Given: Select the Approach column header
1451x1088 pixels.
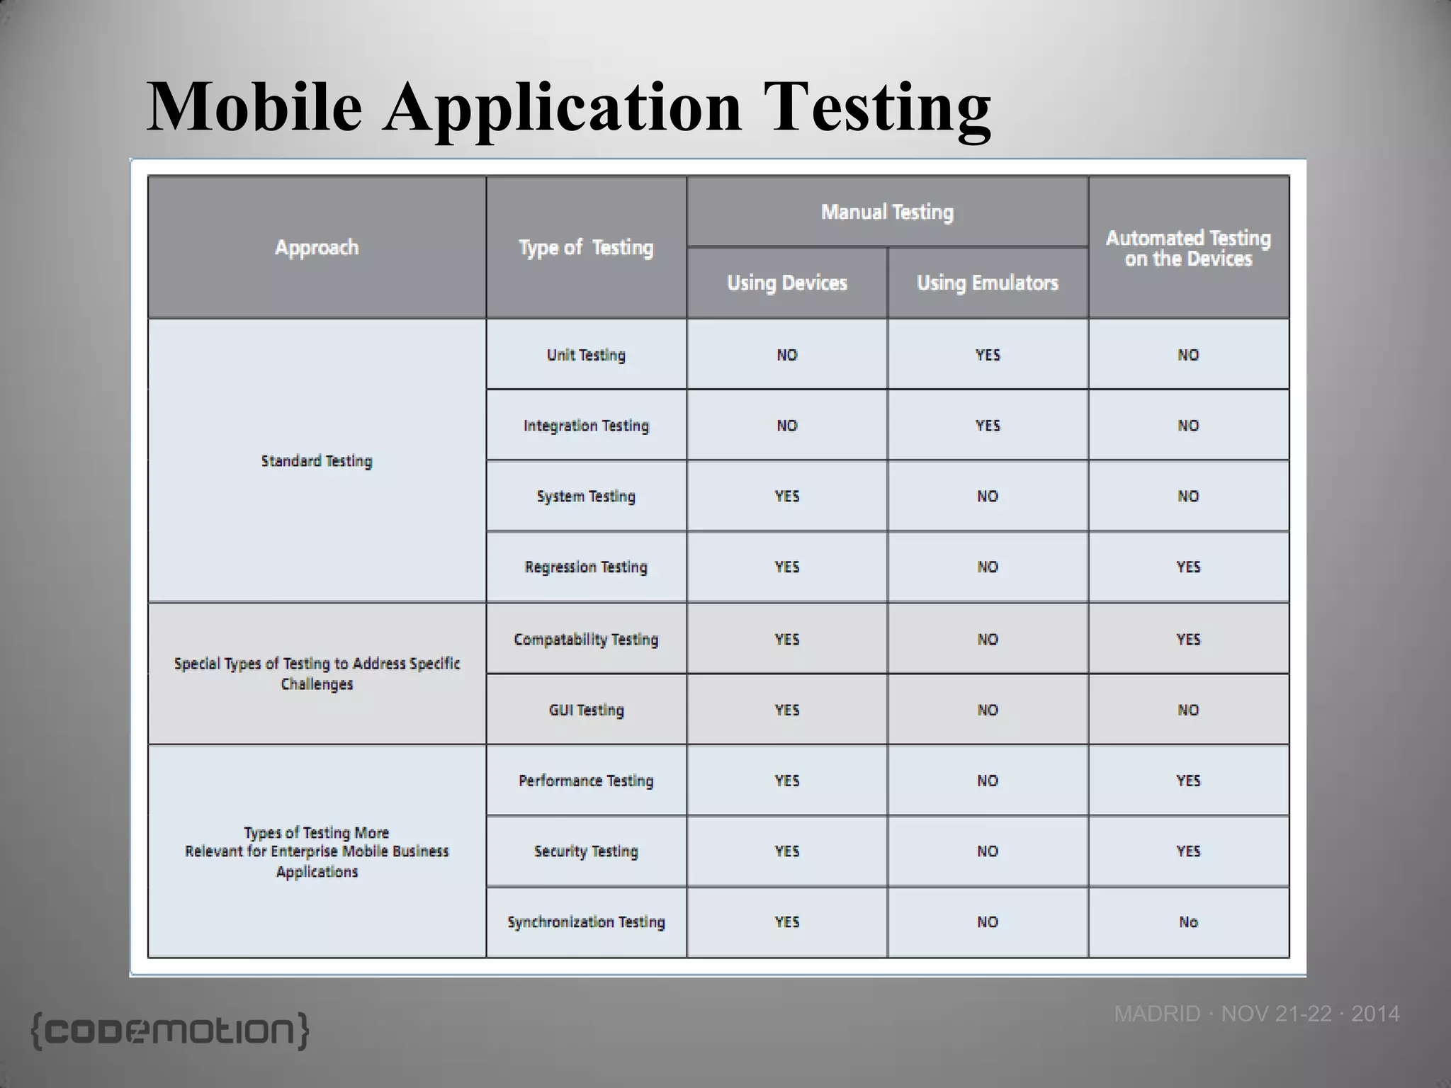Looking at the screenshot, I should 317,247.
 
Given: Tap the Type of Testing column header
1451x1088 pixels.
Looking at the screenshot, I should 586,247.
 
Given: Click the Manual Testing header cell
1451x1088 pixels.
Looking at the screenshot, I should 887,212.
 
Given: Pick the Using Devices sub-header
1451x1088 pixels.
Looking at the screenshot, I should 786,283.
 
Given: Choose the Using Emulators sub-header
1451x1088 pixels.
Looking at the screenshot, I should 987,283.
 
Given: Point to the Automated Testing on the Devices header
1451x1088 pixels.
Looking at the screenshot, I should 1188,248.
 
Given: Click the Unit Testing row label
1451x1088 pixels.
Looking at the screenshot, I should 586,355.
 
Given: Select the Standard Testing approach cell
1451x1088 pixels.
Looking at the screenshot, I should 317,461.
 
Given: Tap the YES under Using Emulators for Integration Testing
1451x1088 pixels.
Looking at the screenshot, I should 988,426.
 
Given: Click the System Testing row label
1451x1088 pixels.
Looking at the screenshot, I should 586,497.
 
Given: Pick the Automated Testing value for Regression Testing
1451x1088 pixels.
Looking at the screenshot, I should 1188,567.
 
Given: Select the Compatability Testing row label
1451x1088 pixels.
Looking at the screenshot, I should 586,640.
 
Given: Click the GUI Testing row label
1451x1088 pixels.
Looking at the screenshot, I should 586,710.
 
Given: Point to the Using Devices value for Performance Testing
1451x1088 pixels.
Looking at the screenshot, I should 786,781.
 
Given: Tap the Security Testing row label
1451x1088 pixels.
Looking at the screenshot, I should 586,851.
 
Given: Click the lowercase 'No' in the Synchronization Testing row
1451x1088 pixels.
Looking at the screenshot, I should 1188,922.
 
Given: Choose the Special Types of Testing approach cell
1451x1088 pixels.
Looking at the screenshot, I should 317,674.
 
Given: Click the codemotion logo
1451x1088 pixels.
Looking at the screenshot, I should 170,1031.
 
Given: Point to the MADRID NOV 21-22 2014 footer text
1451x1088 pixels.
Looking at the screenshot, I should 1256,1014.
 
